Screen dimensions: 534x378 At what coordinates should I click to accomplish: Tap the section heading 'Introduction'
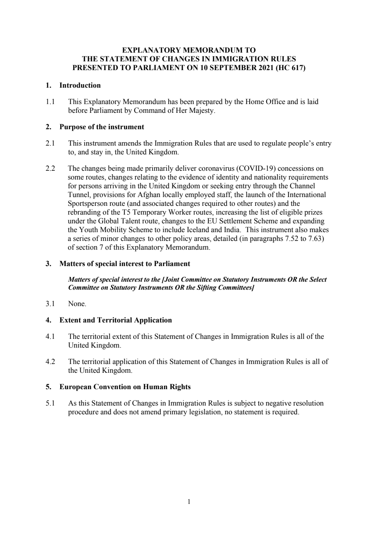coord(80,85)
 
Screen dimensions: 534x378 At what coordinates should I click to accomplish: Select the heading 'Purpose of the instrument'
coord(102,127)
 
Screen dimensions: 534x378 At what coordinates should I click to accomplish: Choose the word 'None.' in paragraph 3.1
coord(77,304)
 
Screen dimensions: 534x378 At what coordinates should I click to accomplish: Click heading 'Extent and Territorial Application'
coord(116,320)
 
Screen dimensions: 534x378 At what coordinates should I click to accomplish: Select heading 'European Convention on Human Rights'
coord(125,387)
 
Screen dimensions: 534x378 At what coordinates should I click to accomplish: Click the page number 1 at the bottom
coord(189,502)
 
